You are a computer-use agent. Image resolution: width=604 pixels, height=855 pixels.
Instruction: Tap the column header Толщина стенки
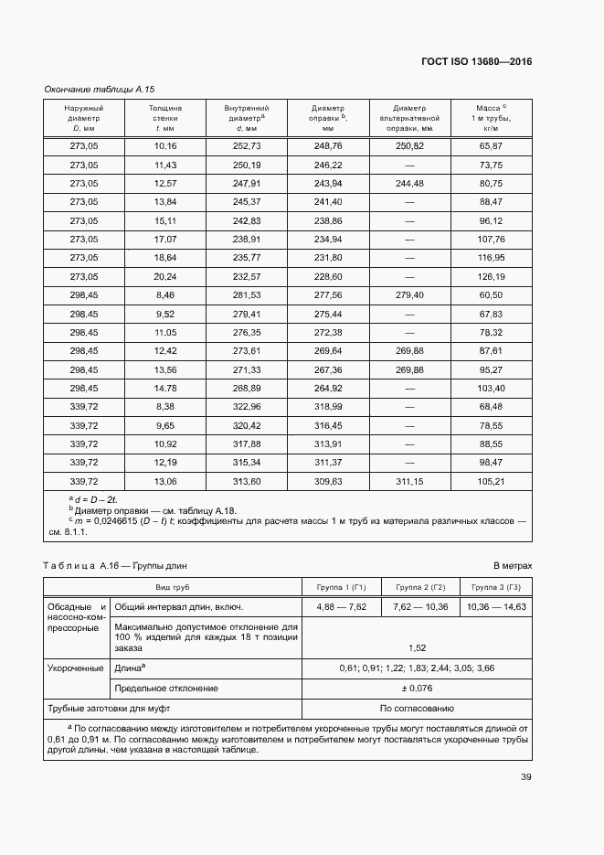pos(165,118)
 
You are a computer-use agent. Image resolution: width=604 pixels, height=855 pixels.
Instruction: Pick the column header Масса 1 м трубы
pos(492,118)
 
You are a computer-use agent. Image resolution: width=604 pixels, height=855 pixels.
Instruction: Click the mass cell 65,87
pos(492,146)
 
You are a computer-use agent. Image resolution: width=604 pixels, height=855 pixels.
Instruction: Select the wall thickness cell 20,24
pos(165,277)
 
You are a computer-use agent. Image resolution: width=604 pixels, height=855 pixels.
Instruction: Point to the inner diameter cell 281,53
pos(247,295)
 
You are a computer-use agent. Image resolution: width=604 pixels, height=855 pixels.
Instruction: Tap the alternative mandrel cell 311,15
pos(409,481)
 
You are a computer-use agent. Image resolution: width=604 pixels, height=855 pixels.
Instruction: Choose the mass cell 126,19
pos(492,277)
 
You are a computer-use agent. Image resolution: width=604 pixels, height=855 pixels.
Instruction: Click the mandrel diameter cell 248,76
pos(328,146)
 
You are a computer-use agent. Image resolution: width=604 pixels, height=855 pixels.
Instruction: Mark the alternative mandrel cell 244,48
pos(409,184)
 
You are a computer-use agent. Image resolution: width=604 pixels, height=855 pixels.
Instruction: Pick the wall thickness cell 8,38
pos(165,407)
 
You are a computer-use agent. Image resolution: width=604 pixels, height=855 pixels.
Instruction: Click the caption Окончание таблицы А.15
pos(100,90)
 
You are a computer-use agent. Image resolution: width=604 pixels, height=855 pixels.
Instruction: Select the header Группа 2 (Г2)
pos(419,586)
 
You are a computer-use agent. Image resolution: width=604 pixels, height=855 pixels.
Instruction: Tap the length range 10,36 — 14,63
pos(495,606)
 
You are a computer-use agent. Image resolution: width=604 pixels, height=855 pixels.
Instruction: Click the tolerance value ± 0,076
pos(419,688)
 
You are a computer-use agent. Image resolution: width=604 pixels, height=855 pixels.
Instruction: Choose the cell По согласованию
pos(419,708)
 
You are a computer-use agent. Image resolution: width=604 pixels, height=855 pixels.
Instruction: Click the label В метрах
pos(512,567)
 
